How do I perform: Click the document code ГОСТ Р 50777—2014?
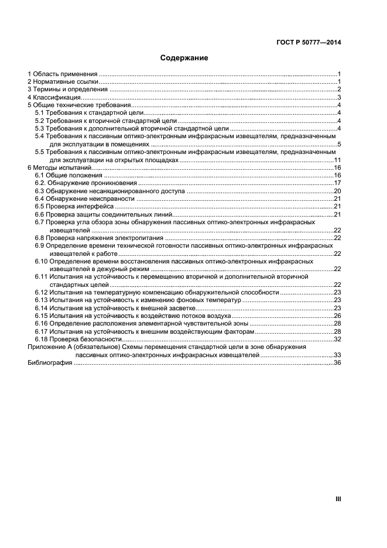309,42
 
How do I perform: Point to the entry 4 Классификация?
53,97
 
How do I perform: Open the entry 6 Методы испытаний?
59,167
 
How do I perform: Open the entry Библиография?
50,363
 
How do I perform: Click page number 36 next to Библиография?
337,363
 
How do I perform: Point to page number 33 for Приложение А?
337,355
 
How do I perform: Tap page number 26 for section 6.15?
337,316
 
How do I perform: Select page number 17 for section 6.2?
337,183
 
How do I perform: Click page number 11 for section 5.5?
337,160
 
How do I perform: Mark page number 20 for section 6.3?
337,191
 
